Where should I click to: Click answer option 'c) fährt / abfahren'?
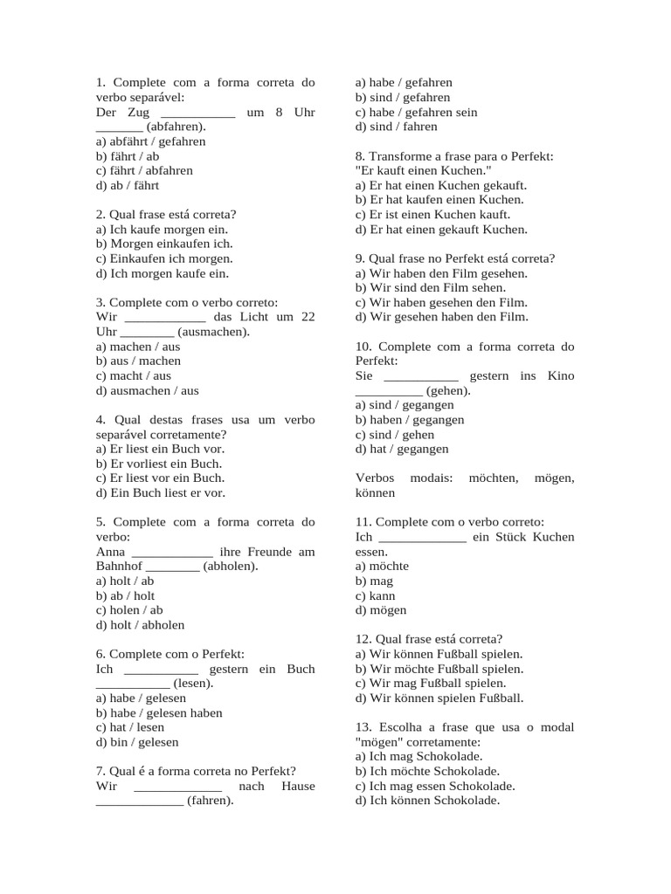[x=144, y=170]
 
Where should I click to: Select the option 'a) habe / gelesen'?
[x=141, y=698]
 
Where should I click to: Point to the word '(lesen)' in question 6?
[x=193, y=684]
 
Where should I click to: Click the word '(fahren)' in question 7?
[x=211, y=801]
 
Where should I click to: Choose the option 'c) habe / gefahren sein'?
[x=416, y=112]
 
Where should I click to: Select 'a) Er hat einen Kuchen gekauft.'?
[x=441, y=185]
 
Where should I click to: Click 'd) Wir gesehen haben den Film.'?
[x=441, y=317]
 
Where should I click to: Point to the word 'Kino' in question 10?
[x=559, y=375]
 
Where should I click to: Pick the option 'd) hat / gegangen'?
[x=402, y=449]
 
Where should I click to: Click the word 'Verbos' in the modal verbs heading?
[x=375, y=478]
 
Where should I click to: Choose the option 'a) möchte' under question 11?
[x=382, y=566]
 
